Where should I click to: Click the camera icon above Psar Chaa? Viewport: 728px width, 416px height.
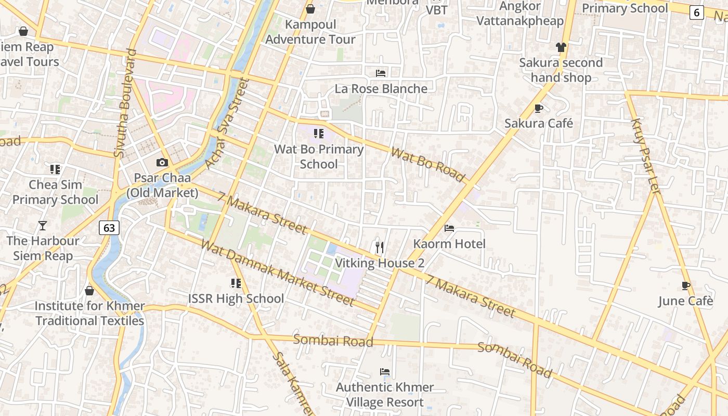pyautogui.click(x=162, y=162)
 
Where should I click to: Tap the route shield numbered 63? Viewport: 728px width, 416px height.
pyautogui.click(x=109, y=228)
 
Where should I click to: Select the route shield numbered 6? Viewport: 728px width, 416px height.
pyautogui.click(x=697, y=12)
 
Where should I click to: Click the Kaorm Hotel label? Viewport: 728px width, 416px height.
pyautogui.click(x=449, y=244)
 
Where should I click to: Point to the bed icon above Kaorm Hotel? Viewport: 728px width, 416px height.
pyautogui.click(x=449, y=228)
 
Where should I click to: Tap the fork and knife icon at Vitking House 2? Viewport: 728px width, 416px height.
pyautogui.click(x=380, y=248)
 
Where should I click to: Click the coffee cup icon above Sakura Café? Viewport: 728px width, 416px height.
pyautogui.click(x=539, y=108)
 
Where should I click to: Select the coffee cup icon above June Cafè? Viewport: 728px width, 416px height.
pyautogui.click(x=686, y=285)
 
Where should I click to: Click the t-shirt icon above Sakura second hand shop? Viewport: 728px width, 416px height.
pyautogui.click(x=561, y=47)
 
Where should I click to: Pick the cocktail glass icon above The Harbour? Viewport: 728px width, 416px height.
pyautogui.click(x=43, y=226)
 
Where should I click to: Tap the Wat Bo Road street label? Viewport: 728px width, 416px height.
pyautogui.click(x=427, y=165)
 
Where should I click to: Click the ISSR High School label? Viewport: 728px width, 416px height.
pyautogui.click(x=236, y=298)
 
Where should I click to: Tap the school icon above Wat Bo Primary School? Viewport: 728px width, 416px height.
pyautogui.click(x=319, y=134)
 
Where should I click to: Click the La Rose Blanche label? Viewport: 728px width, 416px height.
pyautogui.click(x=381, y=88)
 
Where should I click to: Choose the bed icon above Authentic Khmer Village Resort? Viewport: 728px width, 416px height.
pyautogui.click(x=385, y=372)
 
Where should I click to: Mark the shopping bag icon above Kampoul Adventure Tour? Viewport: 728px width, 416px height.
pyautogui.click(x=310, y=9)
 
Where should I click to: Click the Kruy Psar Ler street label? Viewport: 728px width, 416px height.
pyautogui.click(x=645, y=157)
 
